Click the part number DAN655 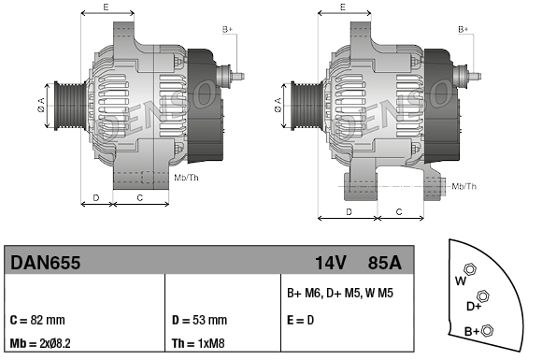coord(45,263)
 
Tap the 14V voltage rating coord(331,263)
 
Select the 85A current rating coord(384,263)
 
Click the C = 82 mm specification coord(37,320)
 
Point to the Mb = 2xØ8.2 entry coord(40,343)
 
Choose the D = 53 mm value coord(199,320)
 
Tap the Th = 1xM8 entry coord(198,343)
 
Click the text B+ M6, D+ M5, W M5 coord(340,294)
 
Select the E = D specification coord(300,320)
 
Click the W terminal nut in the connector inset coord(470,268)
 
